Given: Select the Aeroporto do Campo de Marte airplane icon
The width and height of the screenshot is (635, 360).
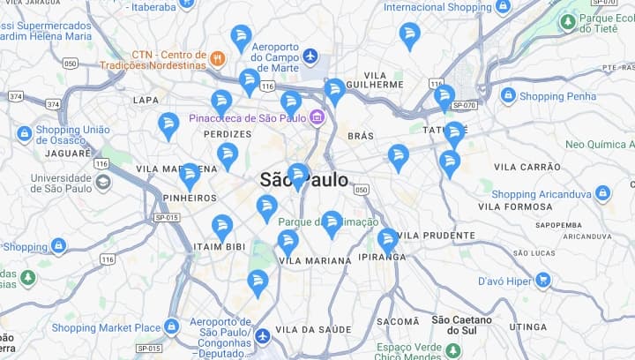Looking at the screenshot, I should pos(310,56).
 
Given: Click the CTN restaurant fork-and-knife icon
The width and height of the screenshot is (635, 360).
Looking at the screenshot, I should pos(217,58).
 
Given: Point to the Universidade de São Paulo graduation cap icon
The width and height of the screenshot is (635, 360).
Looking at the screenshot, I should pos(103,182).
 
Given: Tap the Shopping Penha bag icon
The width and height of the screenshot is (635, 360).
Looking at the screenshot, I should pos(508,95).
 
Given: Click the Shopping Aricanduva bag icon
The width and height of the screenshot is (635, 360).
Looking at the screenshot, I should pos(602,193).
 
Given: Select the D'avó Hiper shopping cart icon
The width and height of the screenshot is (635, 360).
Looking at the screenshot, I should pos(542,281).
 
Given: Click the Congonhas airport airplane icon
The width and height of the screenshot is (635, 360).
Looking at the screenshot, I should pos(263,336).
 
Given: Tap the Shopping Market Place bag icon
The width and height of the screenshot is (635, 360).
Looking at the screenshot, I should pos(171,327).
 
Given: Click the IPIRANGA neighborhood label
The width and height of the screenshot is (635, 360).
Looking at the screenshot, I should pos(383,258).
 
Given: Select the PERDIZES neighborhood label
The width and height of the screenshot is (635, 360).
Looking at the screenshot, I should pos(228,134).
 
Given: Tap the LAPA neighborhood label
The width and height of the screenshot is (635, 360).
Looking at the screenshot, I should pos(146,101).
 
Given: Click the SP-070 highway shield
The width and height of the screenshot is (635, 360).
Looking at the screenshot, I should pos(464,105).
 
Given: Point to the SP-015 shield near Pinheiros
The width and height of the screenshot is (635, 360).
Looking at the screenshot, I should pos(166,217).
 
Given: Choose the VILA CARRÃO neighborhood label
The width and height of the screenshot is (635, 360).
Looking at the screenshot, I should pos(527,167).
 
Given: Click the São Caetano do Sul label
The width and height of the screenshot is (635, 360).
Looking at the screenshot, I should pos(453,325).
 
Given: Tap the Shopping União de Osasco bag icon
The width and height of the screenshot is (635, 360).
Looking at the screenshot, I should pos(25,134).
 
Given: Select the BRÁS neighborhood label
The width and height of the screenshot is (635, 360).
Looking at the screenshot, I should pos(361,136).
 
